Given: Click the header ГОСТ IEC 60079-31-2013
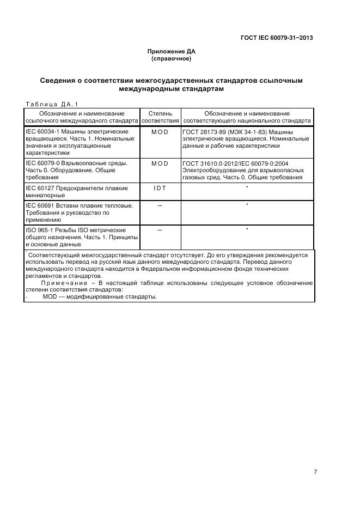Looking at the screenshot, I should tap(277, 38).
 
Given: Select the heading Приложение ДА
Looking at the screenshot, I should tap(172, 52).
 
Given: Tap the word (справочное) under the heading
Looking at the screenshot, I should tap(172, 58).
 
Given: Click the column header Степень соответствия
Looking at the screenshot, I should tap(160, 117).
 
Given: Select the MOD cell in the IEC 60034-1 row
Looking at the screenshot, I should tap(160, 132).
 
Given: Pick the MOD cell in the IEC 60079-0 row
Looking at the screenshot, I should tap(160, 163).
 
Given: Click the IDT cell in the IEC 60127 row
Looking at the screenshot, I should tap(160, 188).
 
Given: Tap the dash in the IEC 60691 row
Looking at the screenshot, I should tap(160, 205).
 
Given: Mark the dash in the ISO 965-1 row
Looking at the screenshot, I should tap(160, 230).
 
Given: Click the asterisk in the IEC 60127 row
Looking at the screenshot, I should tap(247, 187).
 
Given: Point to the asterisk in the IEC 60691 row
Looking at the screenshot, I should tap(247, 205).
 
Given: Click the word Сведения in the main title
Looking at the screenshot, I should tap(60, 81).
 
